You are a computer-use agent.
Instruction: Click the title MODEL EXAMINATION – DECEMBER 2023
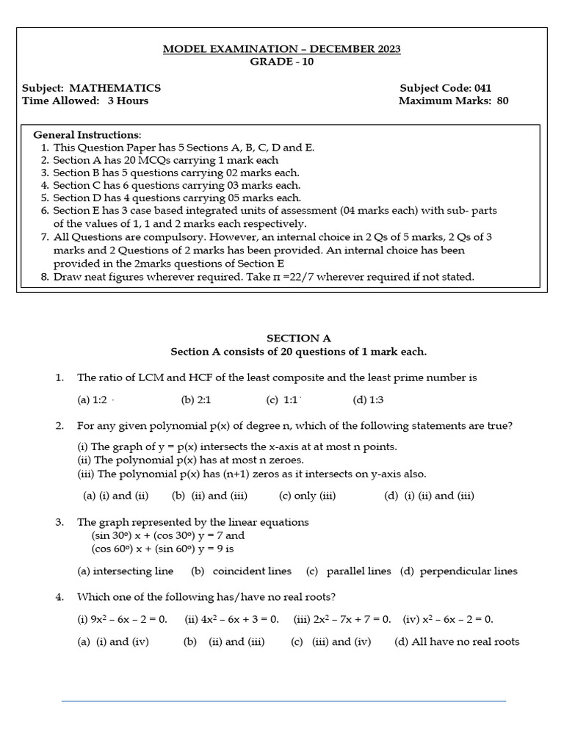(x=281, y=49)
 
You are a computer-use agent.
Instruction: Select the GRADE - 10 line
(x=281, y=62)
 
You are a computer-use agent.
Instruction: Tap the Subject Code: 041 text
(x=445, y=88)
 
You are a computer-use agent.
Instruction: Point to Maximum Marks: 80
(x=453, y=101)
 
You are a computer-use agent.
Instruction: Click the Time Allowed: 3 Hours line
(x=85, y=101)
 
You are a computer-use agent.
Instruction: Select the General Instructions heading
(x=87, y=135)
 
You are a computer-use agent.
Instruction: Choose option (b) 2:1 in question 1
(x=195, y=400)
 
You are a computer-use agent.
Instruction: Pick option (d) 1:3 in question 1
(x=368, y=400)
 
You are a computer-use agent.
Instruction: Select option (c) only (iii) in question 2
(x=307, y=496)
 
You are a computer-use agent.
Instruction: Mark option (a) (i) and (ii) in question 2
(x=115, y=496)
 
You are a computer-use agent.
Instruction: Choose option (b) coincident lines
(x=241, y=571)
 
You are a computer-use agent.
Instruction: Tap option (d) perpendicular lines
(x=458, y=571)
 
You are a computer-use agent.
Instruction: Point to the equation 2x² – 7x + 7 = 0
(x=342, y=620)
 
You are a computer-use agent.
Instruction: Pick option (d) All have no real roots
(x=457, y=642)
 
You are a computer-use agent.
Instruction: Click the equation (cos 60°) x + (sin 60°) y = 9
(x=162, y=549)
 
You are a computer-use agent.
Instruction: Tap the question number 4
(x=59, y=597)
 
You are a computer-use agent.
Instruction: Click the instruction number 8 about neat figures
(x=46, y=277)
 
